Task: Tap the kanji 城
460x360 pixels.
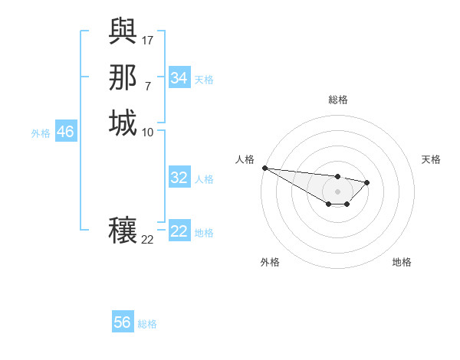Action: click(x=123, y=123)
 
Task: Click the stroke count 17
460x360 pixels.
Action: click(x=148, y=39)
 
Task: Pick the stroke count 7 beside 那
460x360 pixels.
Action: click(x=148, y=85)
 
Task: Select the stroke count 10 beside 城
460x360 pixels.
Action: click(x=148, y=132)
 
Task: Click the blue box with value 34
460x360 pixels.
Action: click(x=179, y=78)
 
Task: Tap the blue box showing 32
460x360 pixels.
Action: click(x=179, y=178)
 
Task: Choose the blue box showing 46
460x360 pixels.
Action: click(x=65, y=132)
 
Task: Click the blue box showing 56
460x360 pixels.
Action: click(x=123, y=322)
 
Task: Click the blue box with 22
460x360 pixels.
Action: click(x=179, y=231)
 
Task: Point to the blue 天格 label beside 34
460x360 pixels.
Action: click(x=204, y=79)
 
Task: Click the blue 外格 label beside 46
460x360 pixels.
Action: click(x=41, y=133)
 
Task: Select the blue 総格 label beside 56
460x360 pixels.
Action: click(x=147, y=323)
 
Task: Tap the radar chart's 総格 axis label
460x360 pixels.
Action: click(x=338, y=100)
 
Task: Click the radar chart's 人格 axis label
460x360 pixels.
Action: click(x=245, y=159)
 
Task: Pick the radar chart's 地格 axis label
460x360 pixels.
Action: click(x=402, y=263)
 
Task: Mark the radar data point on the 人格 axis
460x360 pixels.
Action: click(x=264, y=168)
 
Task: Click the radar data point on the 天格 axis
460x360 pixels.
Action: click(x=367, y=182)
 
